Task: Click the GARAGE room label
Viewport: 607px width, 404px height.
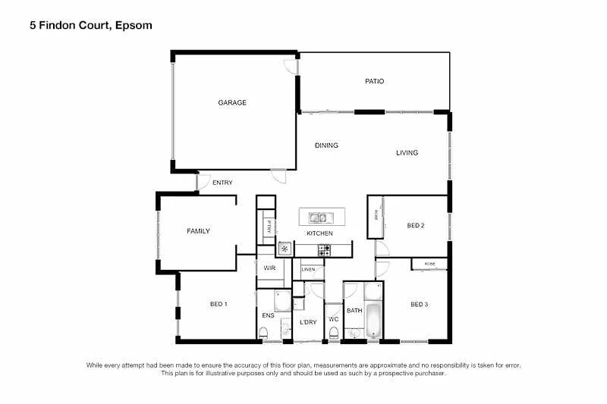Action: [x=232, y=102]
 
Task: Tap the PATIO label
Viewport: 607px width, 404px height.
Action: [x=374, y=81]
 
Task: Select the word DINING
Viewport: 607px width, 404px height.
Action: [x=326, y=146]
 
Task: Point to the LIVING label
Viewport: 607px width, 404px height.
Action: [x=407, y=153]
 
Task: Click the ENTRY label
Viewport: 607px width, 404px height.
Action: [x=222, y=183]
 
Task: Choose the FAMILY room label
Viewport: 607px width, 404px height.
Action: [x=198, y=231]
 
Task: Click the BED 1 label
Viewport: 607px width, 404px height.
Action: [x=219, y=304]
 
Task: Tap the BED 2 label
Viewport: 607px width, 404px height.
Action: [x=415, y=225]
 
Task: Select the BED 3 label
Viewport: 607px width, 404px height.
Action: [x=420, y=304]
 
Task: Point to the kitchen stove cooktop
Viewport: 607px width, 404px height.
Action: [x=324, y=249]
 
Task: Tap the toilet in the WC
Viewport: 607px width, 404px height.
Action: [x=333, y=331]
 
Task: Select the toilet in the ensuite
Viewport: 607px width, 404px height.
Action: [x=263, y=332]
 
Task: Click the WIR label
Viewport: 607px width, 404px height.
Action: [x=269, y=268]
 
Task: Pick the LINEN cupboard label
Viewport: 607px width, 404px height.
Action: [x=308, y=269]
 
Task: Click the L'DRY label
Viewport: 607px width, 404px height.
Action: [x=308, y=322]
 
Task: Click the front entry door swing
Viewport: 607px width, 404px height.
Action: [x=203, y=182]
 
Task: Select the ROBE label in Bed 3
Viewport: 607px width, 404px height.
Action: [x=430, y=264]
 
